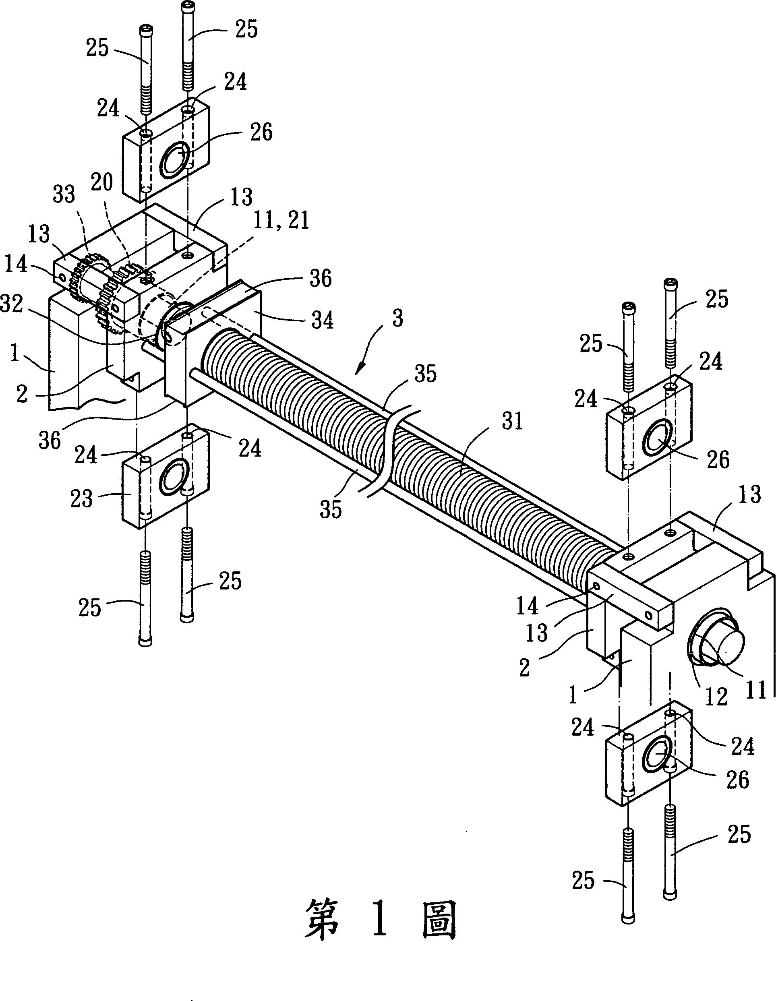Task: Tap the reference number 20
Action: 102,183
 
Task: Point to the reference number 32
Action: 11,306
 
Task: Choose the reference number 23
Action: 82,498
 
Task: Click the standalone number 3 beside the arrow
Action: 397,318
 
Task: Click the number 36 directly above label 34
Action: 321,279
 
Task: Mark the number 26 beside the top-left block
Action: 261,132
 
